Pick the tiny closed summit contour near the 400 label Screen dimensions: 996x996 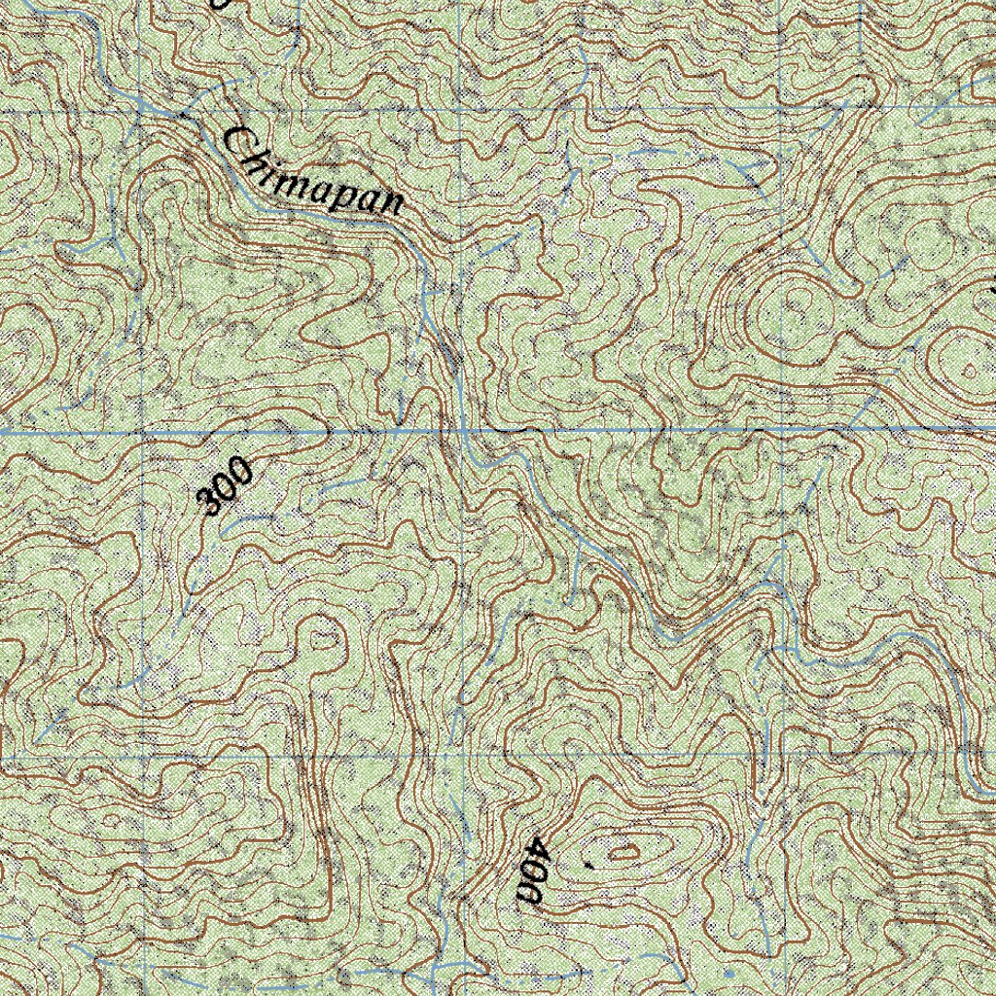623,854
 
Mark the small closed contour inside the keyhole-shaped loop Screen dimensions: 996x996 326,640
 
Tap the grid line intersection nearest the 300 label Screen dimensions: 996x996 143,431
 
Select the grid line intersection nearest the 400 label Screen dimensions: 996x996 457,754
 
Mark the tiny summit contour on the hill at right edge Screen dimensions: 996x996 972,369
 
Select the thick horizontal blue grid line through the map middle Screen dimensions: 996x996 681,429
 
